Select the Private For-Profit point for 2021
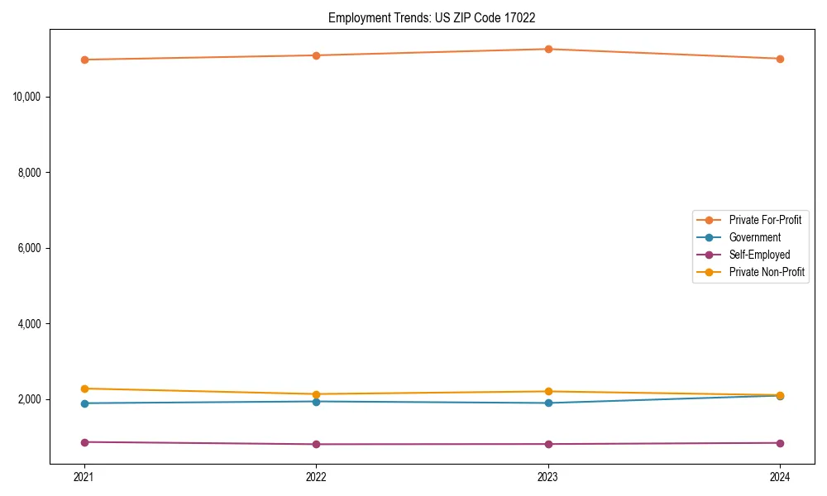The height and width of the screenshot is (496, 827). coord(84,60)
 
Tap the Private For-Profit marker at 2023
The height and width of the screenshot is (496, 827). coord(548,49)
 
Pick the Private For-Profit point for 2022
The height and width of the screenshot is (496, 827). coord(316,55)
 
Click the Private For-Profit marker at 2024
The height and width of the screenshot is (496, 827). coord(780,59)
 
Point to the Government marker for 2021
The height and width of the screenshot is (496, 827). coord(84,403)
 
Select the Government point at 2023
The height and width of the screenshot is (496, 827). coord(548,403)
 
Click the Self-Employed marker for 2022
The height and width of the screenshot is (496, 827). coord(316,444)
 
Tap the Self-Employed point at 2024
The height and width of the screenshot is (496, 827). coord(780,443)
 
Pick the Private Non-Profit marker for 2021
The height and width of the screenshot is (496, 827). coord(84,389)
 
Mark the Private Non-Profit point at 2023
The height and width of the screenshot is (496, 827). coord(548,391)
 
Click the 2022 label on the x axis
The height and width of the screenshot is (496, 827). coord(316,476)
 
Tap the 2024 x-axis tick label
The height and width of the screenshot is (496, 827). coord(780,476)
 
